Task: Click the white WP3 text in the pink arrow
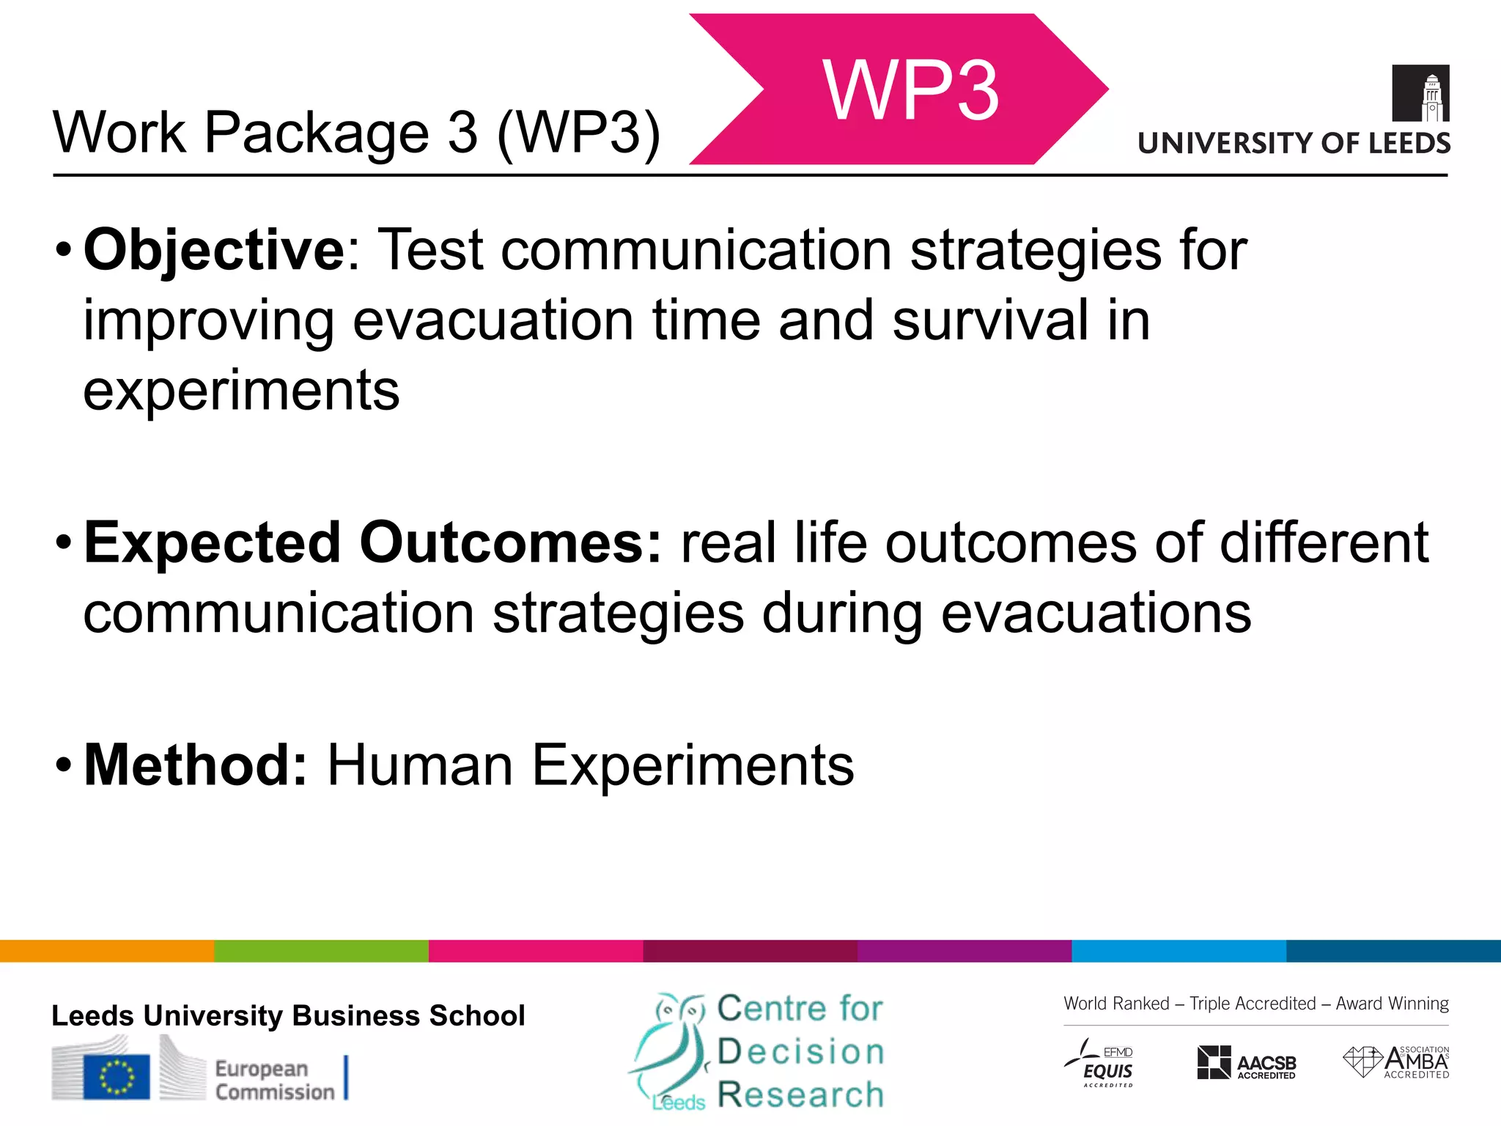(x=910, y=91)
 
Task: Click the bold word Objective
(x=213, y=251)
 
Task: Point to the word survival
(x=990, y=321)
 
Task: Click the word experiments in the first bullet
(x=241, y=391)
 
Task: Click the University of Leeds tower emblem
(x=1420, y=93)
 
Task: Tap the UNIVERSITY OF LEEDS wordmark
(x=1294, y=143)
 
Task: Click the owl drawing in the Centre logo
(x=671, y=1048)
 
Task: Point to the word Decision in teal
(x=800, y=1052)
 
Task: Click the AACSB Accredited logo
(x=1246, y=1063)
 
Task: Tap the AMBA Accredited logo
(x=1396, y=1061)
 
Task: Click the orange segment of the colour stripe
(x=107, y=951)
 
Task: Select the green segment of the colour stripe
(x=321, y=951)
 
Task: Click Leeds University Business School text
(x=288, y=1016)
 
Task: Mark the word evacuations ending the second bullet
(x=1096, y=614)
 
